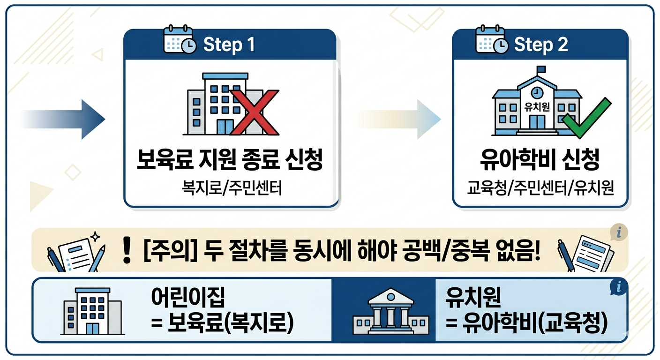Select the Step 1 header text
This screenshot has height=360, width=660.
[x=229, y=45]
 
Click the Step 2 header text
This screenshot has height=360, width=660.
[x=540, y=45]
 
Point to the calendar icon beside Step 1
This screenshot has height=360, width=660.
[x=180, y=41]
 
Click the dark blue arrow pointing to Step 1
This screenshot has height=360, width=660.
[x=66, y=119]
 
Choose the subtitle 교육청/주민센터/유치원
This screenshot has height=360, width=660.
[x=540, y=190]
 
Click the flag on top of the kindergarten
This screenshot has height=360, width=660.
[x=542, y=69]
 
